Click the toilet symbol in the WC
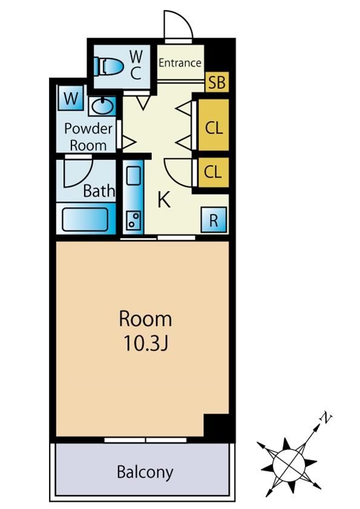(109, 66)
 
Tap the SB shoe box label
(217, 82)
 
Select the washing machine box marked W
(71, 98)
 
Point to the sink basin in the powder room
(103, 106)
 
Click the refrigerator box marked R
(214, 220)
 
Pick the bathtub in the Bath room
(85, 219)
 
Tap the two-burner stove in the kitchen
(134, 220)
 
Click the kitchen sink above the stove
(134, 176)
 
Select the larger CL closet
(214, 125)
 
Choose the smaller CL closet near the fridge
(214, 172)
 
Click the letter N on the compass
(326, 418)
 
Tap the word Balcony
(145, 472)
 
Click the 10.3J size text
(146, 343)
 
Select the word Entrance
(180, 63)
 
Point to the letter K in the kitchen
(164, 199)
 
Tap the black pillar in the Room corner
(216, 425)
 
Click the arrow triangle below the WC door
(143, 102)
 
